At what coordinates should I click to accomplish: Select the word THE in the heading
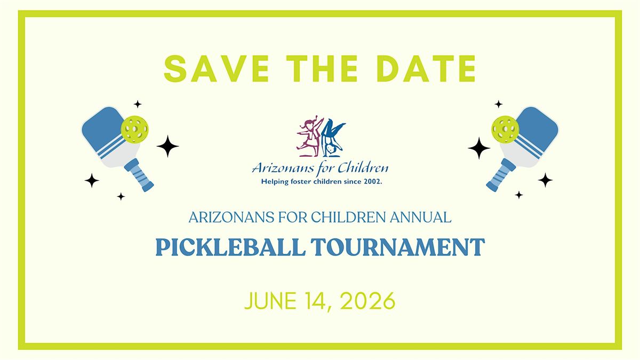pyautogui.click(x=322, y=69)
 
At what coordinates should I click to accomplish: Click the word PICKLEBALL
pyautogui.click(x=230, y=247)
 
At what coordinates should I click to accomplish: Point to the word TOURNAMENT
pyautogui.click(x=398, y=247)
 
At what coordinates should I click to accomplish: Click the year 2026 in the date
pyautogui.click(x=367, y=301)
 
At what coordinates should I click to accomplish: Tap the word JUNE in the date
pyautogui.click(x=270, y=301)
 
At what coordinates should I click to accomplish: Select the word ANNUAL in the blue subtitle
pyautogui.click(x=421, y=218)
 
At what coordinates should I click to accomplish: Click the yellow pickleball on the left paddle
pyautogui.click(x=134, y=129)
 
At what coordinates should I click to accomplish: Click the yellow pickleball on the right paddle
pyautogui.click(x=505, y=129)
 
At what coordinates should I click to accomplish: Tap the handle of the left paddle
pyautogui.click(x=139, y=175)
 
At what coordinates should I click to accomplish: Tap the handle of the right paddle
pyautogui.click(x=501, y=175)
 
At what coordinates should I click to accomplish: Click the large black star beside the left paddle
pyautogui.click(x=167, y=146)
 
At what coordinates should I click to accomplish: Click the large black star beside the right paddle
pyautogui.click(x=479, y=148)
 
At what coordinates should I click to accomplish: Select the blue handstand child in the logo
pyautogui.click(x=333, y=138)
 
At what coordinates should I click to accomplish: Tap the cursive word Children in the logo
pyautogui.click(x=363, y=167)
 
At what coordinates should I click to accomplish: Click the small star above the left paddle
pyautogui.click(x=138, y=104)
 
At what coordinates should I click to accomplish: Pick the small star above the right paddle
pyautogui.click(x=499, y=104)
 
